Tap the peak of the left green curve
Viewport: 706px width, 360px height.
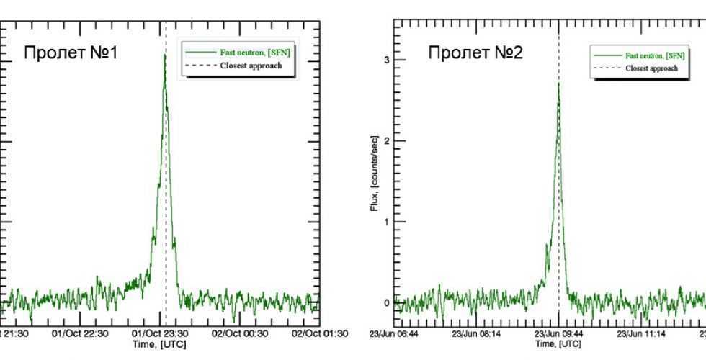click(x=165, y=55)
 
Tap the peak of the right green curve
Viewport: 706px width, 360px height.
click(x=558, y=84)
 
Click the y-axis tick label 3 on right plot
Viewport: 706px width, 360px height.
click(x=388, y=60)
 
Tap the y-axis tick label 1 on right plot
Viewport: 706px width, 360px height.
click(x=388, y=222)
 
